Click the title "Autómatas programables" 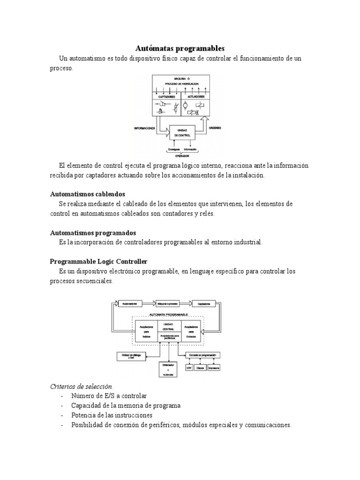click(x=180, y=49)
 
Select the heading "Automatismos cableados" click(x=87, y=194)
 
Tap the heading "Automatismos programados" click(x=93, y=232)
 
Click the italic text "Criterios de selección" click(x=81, y=386)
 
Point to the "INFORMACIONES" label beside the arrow click(x=144, y=127)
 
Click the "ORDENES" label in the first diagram click(x=215, y=127)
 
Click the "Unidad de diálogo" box click(x=129, y=357)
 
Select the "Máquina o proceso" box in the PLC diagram click(x=166, y=303)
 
